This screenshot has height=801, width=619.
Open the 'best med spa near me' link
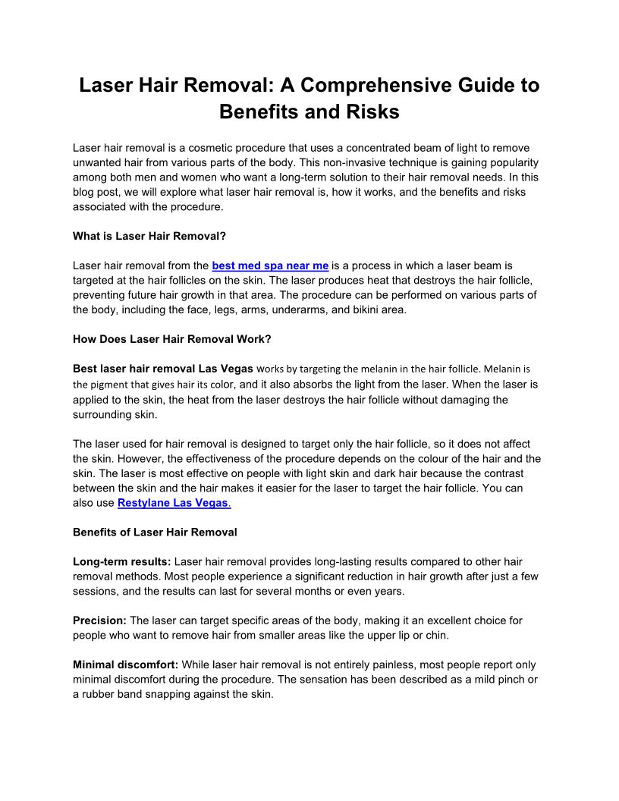tap(270, 265)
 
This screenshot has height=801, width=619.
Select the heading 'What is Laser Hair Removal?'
tap(149, 236)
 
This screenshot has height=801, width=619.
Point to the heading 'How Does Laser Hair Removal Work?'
tap(171, 339)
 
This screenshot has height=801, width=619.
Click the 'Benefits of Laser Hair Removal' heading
tap(155, 532)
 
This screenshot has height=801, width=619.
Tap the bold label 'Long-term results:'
tap(122, 562)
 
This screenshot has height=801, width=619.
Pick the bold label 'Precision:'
tap(100, 620)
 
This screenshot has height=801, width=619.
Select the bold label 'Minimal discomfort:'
tap(125, 665)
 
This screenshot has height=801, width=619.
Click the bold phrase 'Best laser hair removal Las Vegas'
tap(163, 369)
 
